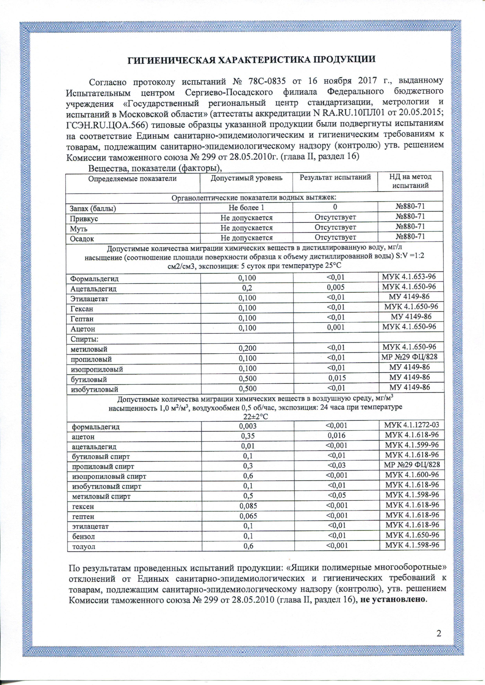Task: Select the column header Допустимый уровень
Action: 247,178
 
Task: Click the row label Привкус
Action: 84,219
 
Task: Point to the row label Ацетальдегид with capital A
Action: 93,289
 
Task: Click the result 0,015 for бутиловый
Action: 337,378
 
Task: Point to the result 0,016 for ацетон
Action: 337,435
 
